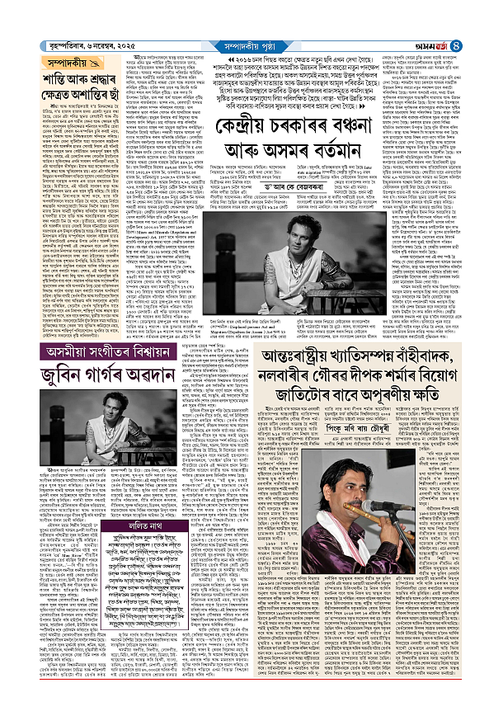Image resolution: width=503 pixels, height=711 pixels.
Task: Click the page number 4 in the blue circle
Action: [491, 12]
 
